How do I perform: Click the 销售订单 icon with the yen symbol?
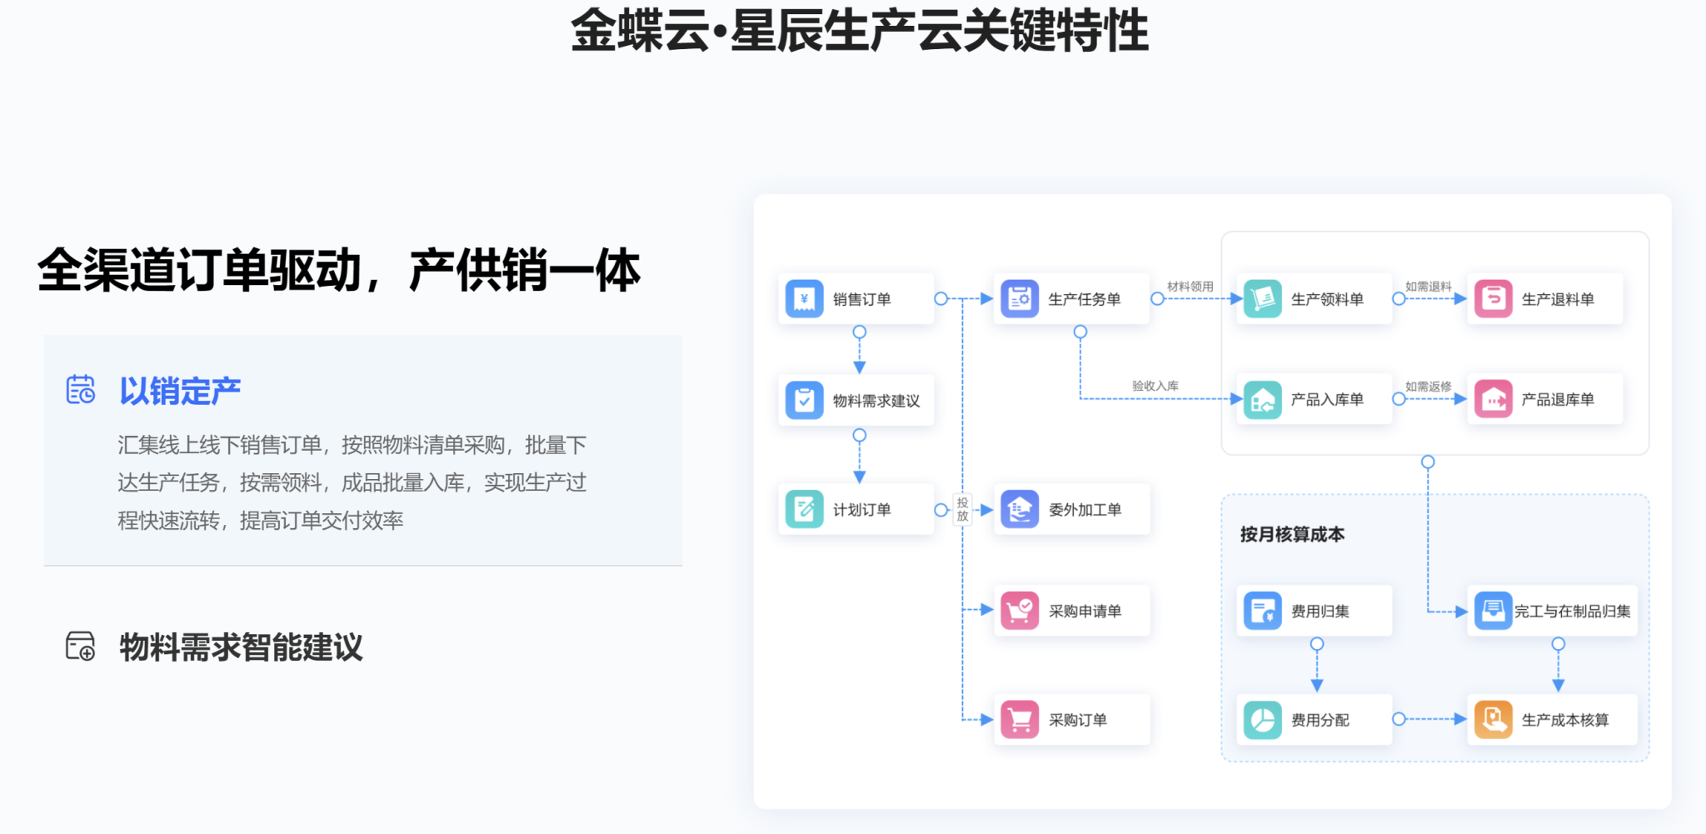pos(804,299)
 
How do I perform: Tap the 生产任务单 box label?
pos(1084,299)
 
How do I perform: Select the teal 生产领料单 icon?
pos(1263,299)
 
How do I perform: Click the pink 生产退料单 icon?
pos(1493,299)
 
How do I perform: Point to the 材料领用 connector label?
pos(1190,287)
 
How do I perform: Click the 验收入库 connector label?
pos(1155,386)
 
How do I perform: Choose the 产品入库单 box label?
pos(1327,400)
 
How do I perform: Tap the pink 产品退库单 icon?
pos(1493,400)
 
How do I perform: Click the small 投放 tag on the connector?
pos(962,509)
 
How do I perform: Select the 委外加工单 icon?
pos(1020,509)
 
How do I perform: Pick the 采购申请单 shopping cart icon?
pos(1020,611)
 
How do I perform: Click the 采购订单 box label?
pos(1077,720)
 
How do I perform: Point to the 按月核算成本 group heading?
pos(1292,534)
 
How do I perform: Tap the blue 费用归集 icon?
pos(1263,611)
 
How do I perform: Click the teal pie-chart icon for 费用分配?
pos(1263,720)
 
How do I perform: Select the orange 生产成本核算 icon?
pos(1493,720)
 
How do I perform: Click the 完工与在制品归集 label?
pos(1572,612)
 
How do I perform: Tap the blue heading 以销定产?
pos(180,391)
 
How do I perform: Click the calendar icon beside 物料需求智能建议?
pos(81,647)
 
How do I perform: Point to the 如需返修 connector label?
pos(1428,387)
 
